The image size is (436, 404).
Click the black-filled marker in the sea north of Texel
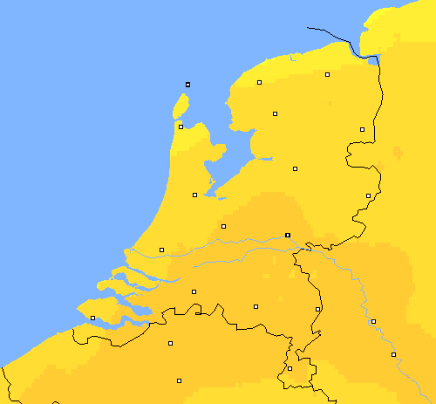(x=187, y=85)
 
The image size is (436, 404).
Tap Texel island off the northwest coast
(x=181, y=107)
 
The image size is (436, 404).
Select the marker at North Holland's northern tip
(x=181, y=127)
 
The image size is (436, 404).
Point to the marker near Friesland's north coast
(x=259, y=83)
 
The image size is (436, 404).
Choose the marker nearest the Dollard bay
(x=327, y=75)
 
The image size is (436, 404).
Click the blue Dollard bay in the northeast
(x=374, y=60)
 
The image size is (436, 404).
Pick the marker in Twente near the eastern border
(x=368, y=195)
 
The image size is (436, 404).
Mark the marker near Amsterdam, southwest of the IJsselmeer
(x=194, y=195)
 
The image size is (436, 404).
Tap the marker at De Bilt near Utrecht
(x=223, y=226)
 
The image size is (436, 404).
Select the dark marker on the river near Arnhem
(x=288, y=235)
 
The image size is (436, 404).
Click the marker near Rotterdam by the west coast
(x=161, y=250)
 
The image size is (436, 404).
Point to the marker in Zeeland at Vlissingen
(x=92, y=318)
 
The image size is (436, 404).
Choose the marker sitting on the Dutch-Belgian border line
(x=198, y=312)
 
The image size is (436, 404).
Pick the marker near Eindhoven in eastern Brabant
(x=255, y=306)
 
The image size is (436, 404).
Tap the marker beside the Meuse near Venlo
(x=317, y=309)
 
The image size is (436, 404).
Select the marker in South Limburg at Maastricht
(x=290, y=368)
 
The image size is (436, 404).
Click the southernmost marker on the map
(x=179, y=380)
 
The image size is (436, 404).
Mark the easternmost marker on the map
(x=393, y=354)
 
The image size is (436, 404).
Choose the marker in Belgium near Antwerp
(x=170, y=343)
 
